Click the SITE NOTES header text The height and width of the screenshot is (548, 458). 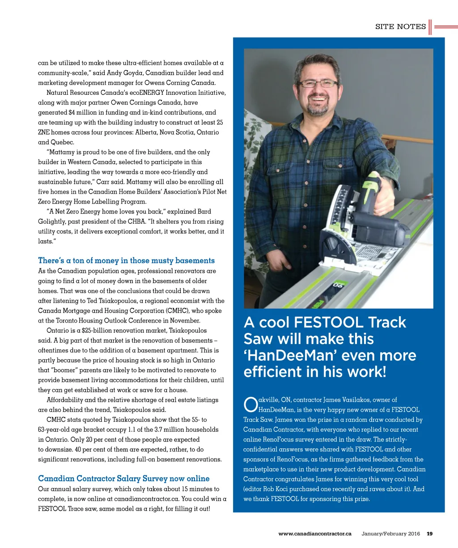click(400, 27)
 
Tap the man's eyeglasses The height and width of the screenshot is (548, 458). click(318, 83)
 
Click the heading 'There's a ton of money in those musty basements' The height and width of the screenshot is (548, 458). click(126, 260)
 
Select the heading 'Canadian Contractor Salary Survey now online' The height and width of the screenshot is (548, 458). click(123, 478)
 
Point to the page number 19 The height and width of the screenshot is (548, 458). click(429, 534)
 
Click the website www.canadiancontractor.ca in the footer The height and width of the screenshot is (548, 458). click(314, 534)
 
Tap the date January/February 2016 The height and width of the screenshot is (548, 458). click(390, 534)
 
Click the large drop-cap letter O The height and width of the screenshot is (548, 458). click(250, 405)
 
